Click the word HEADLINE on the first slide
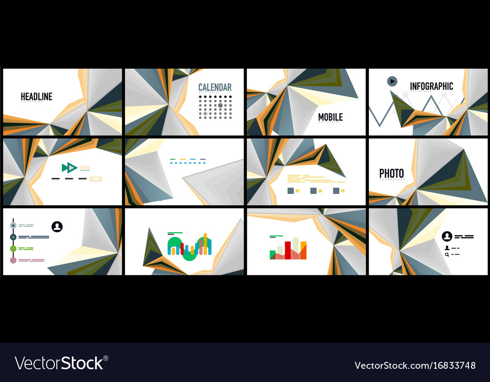click(x=36, y=96)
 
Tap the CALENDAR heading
click(x=215, y=88)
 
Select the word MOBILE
click(x=330, y=117)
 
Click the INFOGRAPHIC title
click(x=431, y=86)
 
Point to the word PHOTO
click(x=392, y=173)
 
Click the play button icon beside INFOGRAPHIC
click(x=392, y=81)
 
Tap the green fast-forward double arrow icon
click(x=69, y=168)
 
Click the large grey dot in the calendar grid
click(x=220, y=105)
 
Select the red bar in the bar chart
click(x=295, y=248)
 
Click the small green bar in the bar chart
click(x=273, y=254)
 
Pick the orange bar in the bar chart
click(x=303, y=250)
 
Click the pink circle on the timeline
click(x=13, y=260)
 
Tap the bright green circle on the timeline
click(x=13, y=249)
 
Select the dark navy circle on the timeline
click(x=13, y=237)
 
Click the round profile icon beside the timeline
click(x=57, y=226)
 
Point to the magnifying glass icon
click(x=447, y=255)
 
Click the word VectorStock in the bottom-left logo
click(x=59, y=363)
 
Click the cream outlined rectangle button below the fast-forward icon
click(x=96, y=179)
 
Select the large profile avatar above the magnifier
click(x=447, y=237)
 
